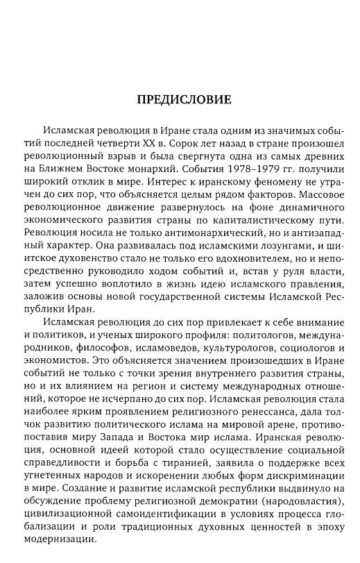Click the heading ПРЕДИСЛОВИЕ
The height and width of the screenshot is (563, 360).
[182, 99]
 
